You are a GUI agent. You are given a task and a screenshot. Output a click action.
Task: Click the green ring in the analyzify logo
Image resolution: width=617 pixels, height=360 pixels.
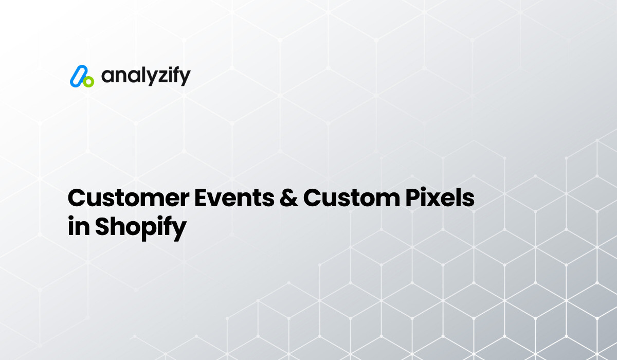coord(88,82)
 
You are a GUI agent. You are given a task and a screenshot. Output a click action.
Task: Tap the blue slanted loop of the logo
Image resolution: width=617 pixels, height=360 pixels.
coord(78,75)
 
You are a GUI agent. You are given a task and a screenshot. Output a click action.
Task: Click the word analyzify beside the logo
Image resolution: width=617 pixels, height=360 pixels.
coord(146,77)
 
